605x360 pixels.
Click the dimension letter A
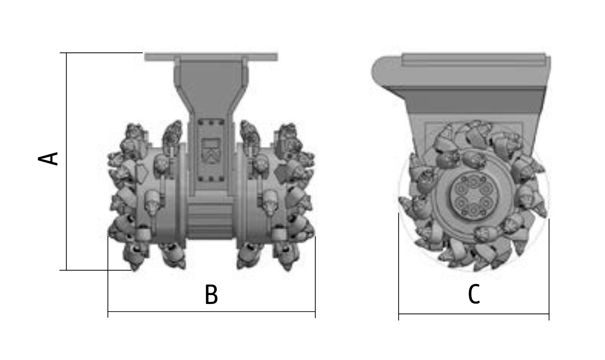[48, 159]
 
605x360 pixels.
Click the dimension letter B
[211, 295]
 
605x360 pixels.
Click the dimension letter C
[474, 294]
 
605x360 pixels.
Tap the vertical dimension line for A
[66, 161]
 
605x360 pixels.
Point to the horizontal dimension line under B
[211, 311]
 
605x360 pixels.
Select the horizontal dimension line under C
[474, 314]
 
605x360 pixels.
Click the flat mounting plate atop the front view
[211, 57]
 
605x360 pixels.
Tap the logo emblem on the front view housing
[211, 151]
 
